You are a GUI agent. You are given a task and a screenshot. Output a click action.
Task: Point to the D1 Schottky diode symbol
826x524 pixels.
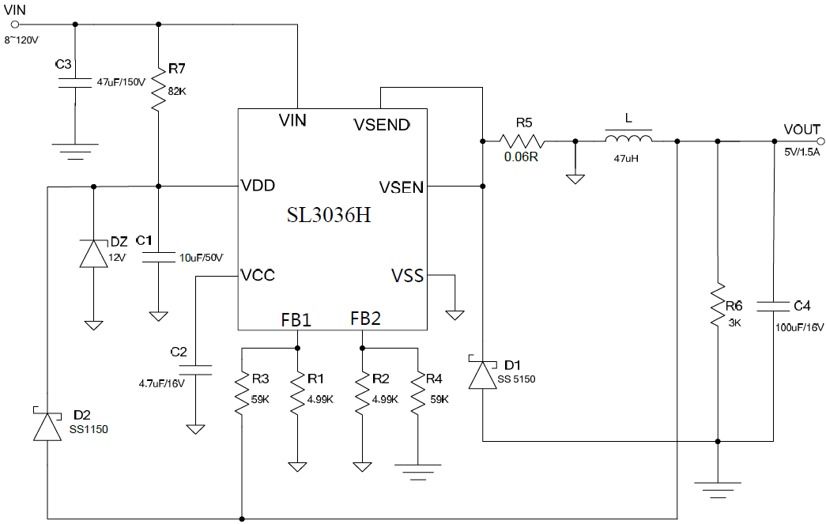tap(482, 375)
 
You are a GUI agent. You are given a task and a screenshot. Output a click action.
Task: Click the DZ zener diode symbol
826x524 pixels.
tap(93, 254)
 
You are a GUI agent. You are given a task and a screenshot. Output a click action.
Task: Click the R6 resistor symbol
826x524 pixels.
tap(718, 305)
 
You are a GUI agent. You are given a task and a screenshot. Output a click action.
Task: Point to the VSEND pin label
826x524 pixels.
tap(382, 125)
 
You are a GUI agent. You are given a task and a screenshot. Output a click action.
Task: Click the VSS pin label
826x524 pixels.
tap(407, 276)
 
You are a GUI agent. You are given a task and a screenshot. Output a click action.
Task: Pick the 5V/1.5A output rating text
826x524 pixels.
tap(801, 153)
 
